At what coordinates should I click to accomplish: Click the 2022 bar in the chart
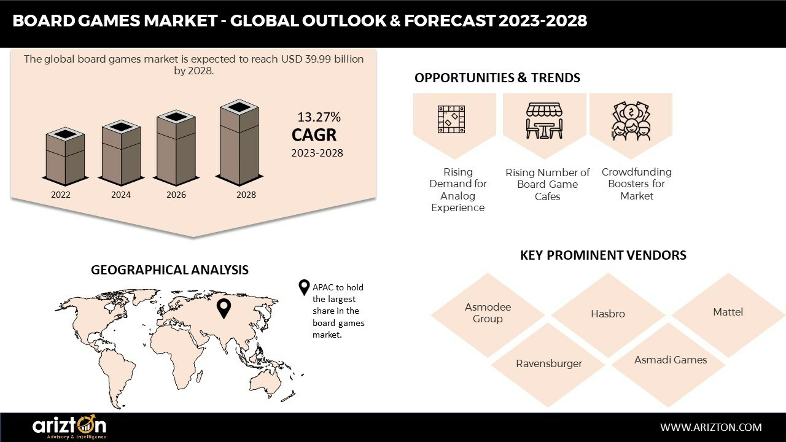[65, 157]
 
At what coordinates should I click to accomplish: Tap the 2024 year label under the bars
[121, 195]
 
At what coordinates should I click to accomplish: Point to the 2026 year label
[176, 195]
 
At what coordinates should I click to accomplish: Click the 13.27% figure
[319, 117]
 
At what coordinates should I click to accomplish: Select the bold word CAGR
[314, 134]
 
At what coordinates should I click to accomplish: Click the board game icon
[451, 119]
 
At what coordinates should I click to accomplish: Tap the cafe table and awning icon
[544, 121]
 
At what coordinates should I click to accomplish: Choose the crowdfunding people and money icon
[631, 121]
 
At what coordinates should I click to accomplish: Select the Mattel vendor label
[728, 312]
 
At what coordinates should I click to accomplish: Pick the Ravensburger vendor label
[549, 363]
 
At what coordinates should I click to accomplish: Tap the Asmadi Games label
[671, 360]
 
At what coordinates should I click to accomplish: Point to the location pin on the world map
[224, 309]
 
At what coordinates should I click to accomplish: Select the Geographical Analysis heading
[170, 269]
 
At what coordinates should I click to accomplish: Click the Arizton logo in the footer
[69, 427]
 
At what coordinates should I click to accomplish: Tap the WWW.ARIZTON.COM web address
[711, 427]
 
